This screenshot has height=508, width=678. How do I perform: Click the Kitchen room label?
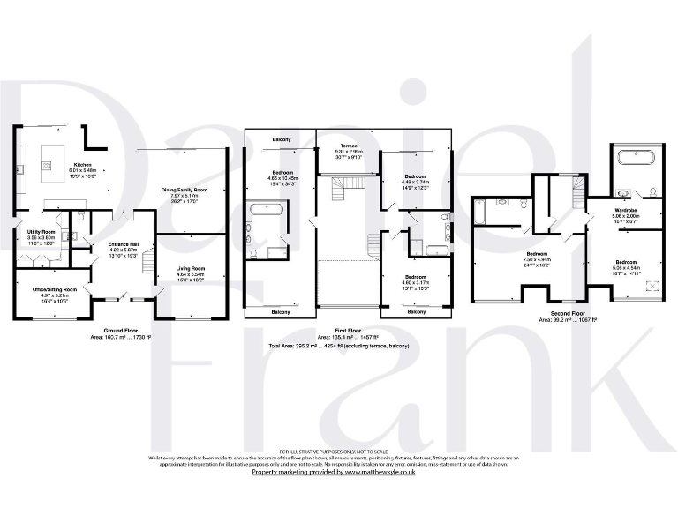coord(82,165)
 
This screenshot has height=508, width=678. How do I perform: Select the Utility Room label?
coord(41,231)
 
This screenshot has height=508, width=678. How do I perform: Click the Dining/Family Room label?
coord(183,190)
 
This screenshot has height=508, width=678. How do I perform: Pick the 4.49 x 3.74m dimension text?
coord(415,183)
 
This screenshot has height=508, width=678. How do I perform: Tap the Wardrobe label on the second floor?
coord(626,209)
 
